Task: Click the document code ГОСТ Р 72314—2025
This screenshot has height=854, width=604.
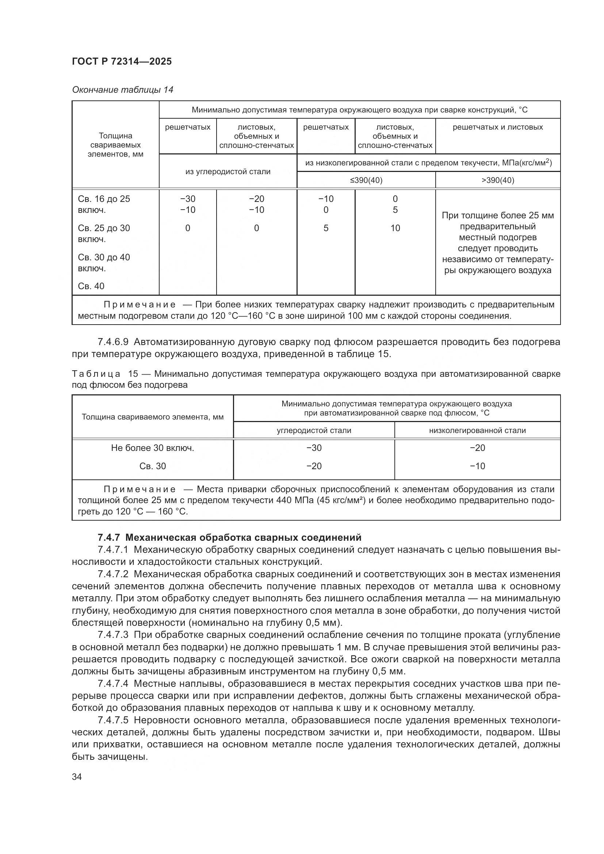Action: [x=122, y=61]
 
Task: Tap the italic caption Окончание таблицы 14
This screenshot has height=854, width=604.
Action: [x=122, y=90]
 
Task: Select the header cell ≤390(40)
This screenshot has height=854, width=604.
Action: [x=366, y=180]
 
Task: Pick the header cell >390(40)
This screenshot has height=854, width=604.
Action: [x=498, y=180]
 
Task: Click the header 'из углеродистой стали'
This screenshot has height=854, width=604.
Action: [x=228, y=172]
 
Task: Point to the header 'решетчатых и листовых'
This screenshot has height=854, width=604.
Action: [x=498, y=127]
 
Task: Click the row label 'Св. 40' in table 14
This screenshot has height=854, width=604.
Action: [x=91, y=286]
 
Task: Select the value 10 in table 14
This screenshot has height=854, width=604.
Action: [x=395, y=228]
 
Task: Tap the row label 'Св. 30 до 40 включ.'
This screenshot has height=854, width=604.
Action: [x=104, y=263]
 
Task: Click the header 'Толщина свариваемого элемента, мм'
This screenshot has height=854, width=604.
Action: [x=153, y=417]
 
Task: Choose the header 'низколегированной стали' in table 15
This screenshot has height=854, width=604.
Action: [x=477, y=430]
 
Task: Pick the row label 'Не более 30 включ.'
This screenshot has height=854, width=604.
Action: [x=153, y=448]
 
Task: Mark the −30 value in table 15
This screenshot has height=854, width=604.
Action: [x=314, y=448]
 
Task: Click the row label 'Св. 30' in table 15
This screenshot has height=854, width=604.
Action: [x=153, y=466]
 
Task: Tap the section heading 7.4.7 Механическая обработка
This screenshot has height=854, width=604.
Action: [x=229, y=537]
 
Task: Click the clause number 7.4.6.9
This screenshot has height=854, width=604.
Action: [x=113, y=341]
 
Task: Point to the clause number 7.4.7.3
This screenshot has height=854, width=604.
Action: [x=113, y=635]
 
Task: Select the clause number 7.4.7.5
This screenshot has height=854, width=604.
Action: [x=113, y=720]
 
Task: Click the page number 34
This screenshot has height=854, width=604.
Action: [x=77, y=777]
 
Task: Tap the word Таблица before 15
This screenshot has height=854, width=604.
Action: [x=96, y=374]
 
